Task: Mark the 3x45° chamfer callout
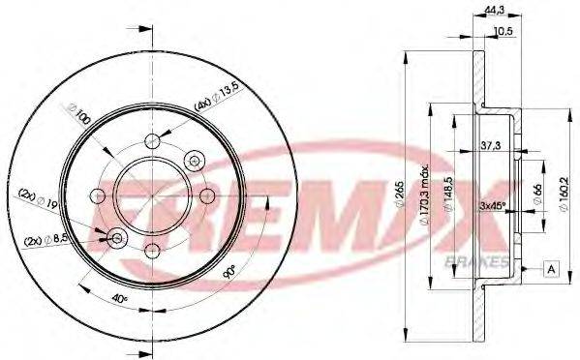[496, 205]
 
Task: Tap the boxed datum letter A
[551, 267]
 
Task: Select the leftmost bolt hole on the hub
[97, 196]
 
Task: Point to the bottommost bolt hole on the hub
[152, 252]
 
